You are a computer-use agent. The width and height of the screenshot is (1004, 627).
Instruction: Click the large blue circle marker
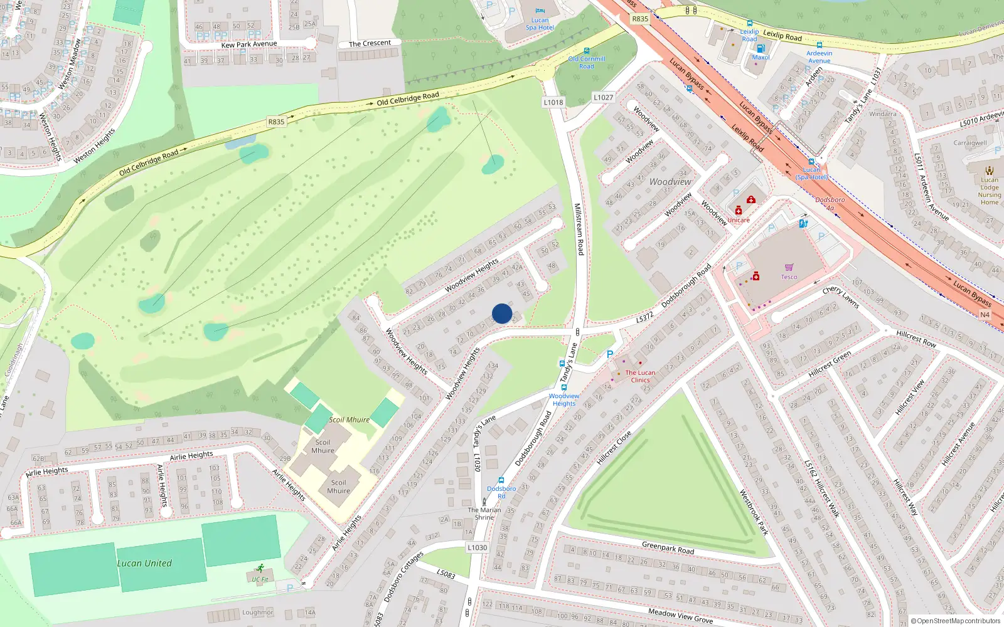[x=502, y=313]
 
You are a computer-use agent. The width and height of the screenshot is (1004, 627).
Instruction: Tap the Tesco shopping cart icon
[x=789, y=268]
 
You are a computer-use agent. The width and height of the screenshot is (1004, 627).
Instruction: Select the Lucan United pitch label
[x=144, y=563]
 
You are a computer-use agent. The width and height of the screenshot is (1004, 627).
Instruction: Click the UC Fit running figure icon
[x=260, y=569]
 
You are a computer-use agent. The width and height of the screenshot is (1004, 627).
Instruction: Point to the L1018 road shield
[x=553, y=102]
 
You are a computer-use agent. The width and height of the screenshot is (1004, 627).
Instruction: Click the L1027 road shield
[x=603, y=97]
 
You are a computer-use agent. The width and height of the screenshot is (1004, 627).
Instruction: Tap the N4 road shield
[x=985, y=315]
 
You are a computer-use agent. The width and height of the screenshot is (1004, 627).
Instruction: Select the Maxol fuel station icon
[x=761, y=48]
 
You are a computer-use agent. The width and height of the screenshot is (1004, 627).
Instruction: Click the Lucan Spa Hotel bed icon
[x=540, y=11]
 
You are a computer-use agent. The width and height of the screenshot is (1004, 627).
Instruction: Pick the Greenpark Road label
[x=668, y=547]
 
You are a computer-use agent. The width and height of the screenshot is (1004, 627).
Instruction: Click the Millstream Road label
[x=579, y=229]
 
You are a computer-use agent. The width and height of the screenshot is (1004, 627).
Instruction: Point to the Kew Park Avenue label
[x=248, y=45]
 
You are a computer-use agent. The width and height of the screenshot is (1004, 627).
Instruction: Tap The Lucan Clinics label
[x=640, y=376]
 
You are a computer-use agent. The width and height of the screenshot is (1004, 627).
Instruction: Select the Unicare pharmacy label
[x=739, y=220]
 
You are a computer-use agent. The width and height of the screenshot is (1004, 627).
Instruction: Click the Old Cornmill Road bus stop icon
[x=587, y=51]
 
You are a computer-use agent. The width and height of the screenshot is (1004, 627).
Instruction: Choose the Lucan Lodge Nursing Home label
[x=989, y=191]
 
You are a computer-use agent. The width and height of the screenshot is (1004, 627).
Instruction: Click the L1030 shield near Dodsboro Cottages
[x=477, y=547]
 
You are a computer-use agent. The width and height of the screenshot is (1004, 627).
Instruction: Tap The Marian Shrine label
[x=484, y=514]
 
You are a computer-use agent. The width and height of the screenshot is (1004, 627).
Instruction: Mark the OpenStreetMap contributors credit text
[x=955, y=621]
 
